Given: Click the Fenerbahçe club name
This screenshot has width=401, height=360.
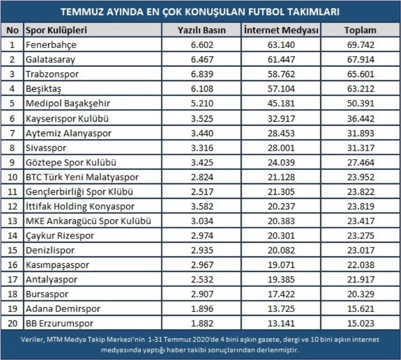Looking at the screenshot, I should [x=51, y=45].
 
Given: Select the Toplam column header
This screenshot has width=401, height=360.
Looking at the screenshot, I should [x=360, y=30].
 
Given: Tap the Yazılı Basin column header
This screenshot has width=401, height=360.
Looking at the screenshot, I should [x=202, y=30].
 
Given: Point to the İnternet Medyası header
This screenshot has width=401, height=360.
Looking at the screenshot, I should [x=281, y=30].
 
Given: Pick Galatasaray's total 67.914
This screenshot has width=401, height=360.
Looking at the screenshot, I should [x=360, y=60].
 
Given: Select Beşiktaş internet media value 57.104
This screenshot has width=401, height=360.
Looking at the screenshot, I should [x=281, y=89].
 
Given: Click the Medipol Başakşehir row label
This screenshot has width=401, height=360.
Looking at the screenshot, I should [x=68, y=104].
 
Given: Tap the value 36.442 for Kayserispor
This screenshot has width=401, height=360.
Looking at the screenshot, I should [x=360, y=119].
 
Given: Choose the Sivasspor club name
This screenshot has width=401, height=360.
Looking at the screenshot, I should [x=45, y=148].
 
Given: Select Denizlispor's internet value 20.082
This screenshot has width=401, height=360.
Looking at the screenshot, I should [x=281, y=251].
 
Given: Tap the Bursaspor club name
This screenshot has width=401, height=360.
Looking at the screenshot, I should [x=47, y=295].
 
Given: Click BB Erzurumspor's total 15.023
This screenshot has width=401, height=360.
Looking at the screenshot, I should [x=360, y=324].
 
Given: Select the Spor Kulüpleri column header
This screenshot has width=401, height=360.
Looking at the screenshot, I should [x=56, y=30].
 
